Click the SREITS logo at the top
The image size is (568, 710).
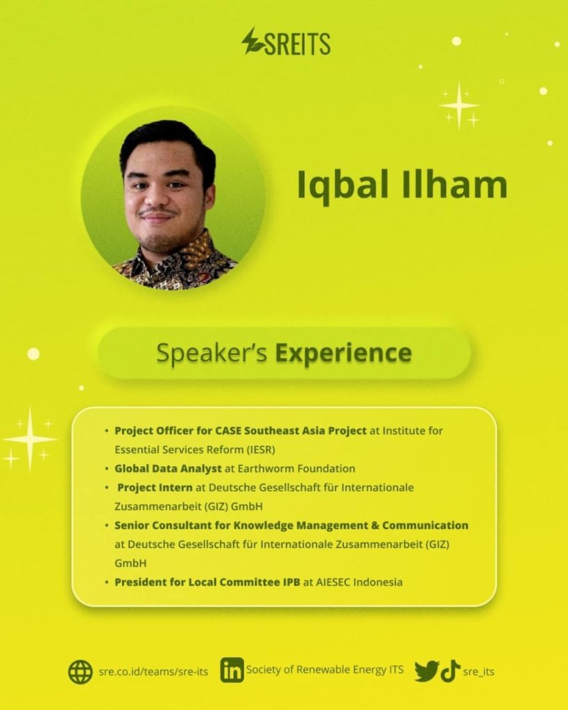point(286,42)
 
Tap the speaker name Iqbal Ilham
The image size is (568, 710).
point(402,184)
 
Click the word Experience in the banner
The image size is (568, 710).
point(344,353)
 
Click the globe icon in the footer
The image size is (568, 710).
point(80,671)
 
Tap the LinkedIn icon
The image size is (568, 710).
point(232,670)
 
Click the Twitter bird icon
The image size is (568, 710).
point(427,671)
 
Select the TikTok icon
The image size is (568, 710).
point(450,670)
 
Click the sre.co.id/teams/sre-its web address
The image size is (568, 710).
point(153,671)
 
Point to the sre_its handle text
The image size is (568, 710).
point(479,671)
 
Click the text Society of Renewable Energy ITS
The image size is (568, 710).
point(325,670)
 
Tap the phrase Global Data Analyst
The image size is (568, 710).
point(168,469)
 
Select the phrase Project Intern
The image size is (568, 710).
point(155,487)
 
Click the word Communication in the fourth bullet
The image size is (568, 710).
point(425,526)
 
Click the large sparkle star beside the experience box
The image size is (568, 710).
point(30,439)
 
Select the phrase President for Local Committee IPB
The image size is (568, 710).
point(207,582)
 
